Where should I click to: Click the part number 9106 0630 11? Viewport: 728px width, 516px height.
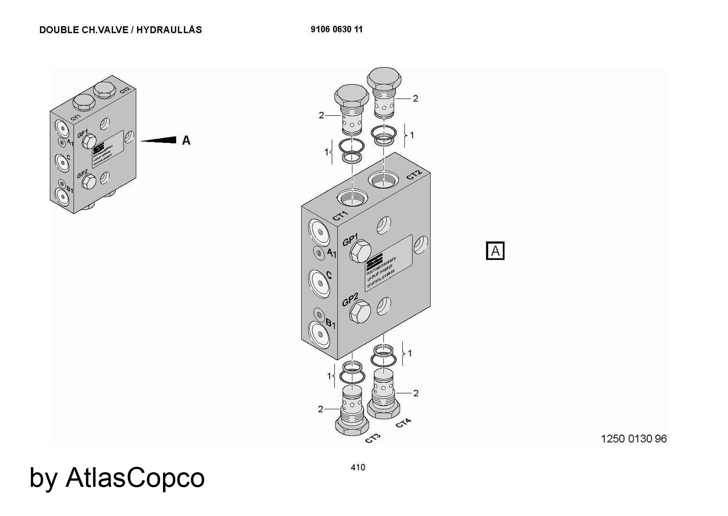(x=336, y=30)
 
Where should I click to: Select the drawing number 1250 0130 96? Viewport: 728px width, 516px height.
(x=633, y=438)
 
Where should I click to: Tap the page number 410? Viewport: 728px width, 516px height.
(x=358, y=467)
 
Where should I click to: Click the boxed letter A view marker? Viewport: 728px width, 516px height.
(x=495, y=251)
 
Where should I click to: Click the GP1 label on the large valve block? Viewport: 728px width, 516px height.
(x=350, y=239)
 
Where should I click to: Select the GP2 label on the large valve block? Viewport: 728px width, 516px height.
(x=350, y=300)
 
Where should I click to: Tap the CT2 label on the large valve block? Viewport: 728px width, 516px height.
(x=414, y=175)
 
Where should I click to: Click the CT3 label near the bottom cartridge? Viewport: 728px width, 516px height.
(x=373, y=438)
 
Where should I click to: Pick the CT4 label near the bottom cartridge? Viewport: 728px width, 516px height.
(x=403, y=423)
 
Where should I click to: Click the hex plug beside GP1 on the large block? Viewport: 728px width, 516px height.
(x=360, y=251)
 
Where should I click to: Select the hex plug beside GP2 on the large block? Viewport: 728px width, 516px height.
(x=360, y=312)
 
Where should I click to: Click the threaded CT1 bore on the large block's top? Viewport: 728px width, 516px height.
(x=352, y=198)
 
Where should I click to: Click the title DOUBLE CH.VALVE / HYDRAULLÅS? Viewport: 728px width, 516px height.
(x=120, y=30)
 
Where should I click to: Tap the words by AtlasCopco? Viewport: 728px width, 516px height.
(x=117, y=477)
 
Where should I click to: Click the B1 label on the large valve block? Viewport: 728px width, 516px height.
(x=331, y=323)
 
